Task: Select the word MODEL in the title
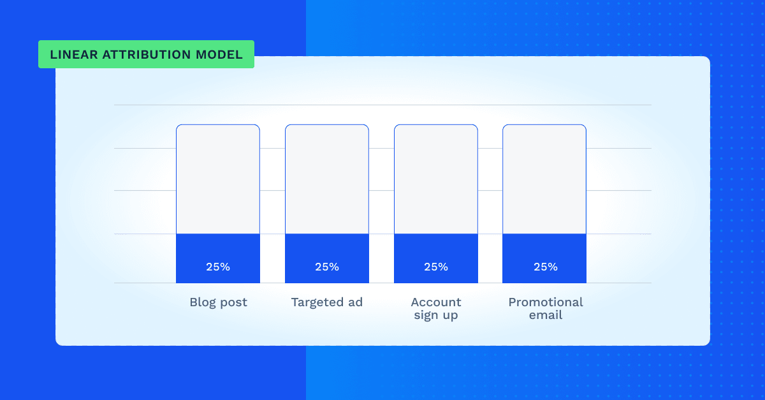pos(219,55)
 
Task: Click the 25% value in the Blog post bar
pos(218,267)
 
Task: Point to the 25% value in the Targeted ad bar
pos(327,267)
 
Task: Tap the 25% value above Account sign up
pos(436,267)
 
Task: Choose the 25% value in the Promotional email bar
pos(546,267)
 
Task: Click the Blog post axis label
pos(218,302)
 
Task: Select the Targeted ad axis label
pos(327,302)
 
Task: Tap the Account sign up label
pos(436,309)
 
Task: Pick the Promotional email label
pos(546,308)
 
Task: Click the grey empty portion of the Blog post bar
pos(218,179)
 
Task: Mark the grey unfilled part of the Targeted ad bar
pos(327,179)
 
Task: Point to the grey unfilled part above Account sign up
pos(436,179)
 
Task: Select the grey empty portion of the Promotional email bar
pos(544,179)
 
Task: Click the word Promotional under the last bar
pos(546,302)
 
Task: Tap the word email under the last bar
pos(546,315)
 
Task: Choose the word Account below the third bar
pos(436,302)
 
